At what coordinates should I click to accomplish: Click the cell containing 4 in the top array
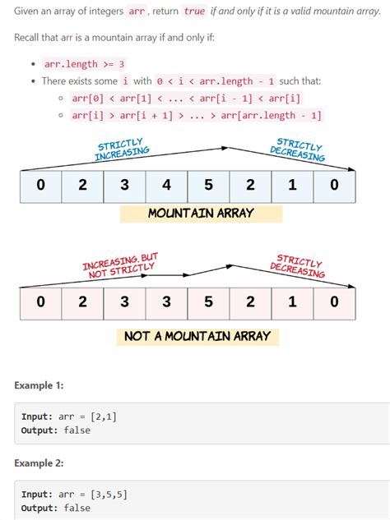click(166, 185)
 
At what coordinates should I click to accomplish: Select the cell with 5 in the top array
click(208, 185)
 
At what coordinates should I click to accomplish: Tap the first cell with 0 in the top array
click(40, 185)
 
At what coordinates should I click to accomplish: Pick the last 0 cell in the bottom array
click(334, 302)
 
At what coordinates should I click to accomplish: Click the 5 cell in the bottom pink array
click(208, 302)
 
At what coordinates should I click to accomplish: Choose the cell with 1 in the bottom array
click(292, 302)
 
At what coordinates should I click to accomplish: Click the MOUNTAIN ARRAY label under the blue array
click(201, 214)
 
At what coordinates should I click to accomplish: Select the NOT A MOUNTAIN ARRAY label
click(197, 336)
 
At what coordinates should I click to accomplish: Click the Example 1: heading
click(38, 385)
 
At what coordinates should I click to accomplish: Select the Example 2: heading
click(39, 463)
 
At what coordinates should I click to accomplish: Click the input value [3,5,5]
click(104, 495)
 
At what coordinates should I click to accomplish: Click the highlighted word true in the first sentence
click(195, 12)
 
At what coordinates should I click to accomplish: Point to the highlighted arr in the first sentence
click(137, 12)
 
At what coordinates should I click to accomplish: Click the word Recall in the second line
click(29, 39)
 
